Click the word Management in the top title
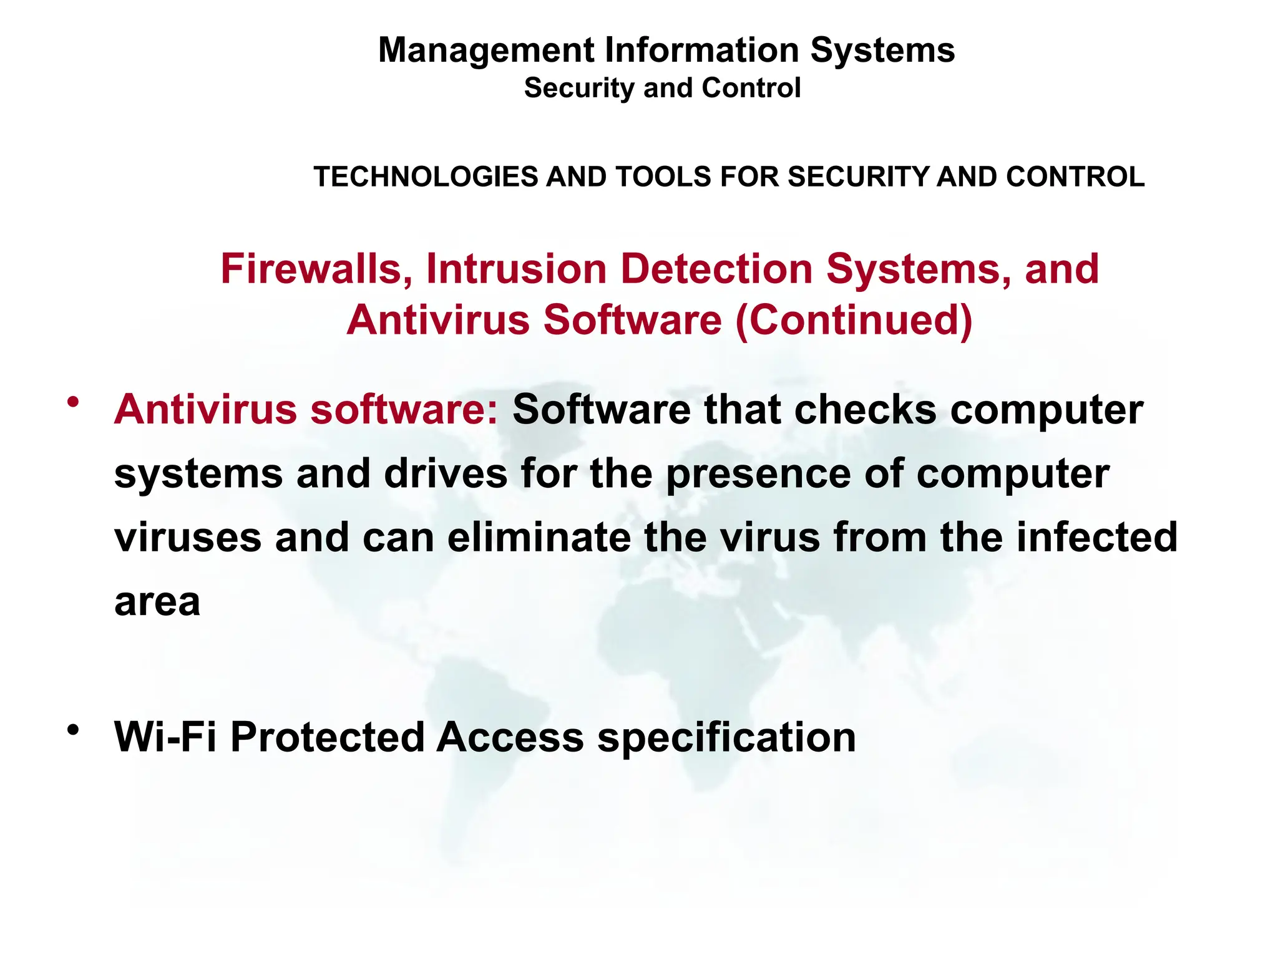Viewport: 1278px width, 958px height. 486,51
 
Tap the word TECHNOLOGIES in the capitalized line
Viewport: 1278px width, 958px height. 425,177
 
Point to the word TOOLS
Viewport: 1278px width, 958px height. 664,177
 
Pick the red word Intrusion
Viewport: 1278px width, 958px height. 516,269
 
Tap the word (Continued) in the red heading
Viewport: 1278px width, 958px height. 854,321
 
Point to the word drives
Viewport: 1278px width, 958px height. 446,474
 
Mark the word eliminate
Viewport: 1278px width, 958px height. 539,538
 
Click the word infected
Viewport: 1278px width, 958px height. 1096,538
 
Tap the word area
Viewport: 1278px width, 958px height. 157,602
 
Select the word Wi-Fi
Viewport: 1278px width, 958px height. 165,737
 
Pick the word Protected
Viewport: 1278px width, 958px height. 328,737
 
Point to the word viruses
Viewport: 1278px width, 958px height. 188,538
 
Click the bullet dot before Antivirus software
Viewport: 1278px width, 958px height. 74,402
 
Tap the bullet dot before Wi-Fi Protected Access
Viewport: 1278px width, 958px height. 74,729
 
